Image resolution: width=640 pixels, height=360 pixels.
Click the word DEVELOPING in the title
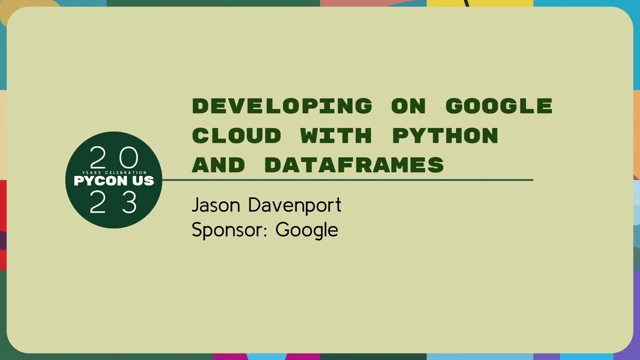[282, 106]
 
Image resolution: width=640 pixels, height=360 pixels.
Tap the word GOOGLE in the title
[498, 106]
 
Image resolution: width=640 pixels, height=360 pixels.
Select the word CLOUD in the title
[236, 135]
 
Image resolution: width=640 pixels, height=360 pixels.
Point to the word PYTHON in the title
[445, 135]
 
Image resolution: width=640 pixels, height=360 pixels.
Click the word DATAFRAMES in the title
[354, 165]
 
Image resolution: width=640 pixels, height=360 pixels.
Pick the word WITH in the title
[336, 135]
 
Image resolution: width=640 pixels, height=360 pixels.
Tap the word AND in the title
[218, 165]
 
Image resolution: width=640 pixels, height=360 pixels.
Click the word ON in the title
[408, 106]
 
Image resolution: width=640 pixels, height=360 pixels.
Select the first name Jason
[216, 205]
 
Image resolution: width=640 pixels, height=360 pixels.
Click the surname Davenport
[294, 205]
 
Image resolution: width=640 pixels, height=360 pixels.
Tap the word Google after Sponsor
[306, 230]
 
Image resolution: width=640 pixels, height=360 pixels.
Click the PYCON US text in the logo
[114, 181]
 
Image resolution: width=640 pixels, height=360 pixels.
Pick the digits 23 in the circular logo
[114, 203]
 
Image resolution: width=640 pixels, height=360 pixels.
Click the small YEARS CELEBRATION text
[114, 172]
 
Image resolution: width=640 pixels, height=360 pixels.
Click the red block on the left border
[2, 210]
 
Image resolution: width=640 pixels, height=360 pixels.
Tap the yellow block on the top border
[480, 2]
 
